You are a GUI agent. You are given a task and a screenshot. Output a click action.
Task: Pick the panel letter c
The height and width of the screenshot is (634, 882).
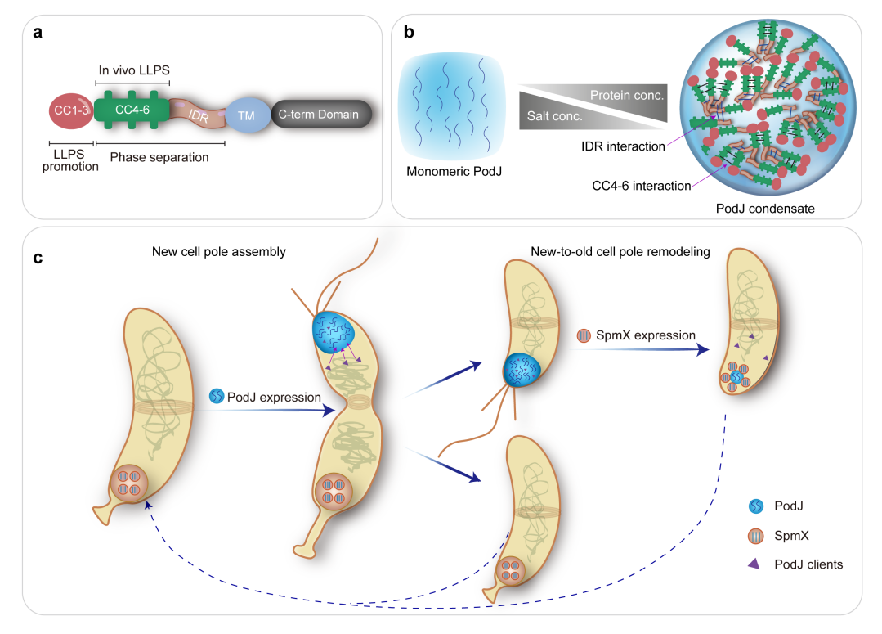38,258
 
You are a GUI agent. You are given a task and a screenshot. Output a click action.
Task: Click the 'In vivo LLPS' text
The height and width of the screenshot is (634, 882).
132,71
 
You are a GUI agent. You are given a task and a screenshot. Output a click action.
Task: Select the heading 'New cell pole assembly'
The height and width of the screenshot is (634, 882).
219,251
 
